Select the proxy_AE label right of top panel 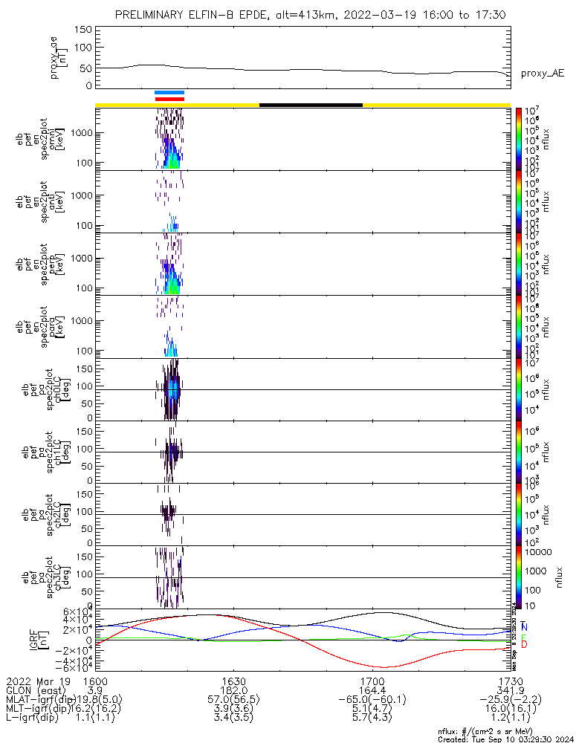(x=543, y=73)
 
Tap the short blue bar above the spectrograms (x=169, y=92)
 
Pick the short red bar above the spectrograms (x=169, y=98)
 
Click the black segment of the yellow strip (x=311, y=105)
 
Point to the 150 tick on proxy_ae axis (x=83, y=29)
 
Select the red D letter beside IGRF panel (x=525, y=644)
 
